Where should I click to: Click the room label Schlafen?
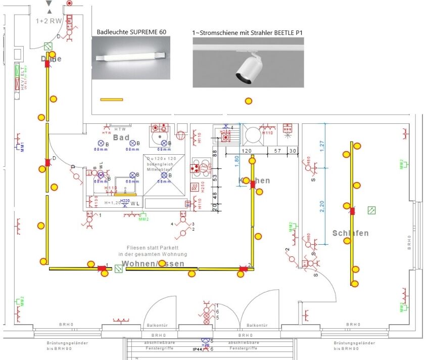point(350,233)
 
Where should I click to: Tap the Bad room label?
point(121,138)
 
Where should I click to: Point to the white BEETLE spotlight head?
point(248,69)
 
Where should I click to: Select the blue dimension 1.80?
point(236,164)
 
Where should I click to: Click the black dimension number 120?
point(247,151)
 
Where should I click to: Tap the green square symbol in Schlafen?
point(371,209)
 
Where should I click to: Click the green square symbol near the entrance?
point(49,46)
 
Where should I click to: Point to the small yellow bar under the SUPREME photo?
point(111,99)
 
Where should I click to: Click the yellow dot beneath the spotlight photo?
point(248,101)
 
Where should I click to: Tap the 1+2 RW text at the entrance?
point(49,21)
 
